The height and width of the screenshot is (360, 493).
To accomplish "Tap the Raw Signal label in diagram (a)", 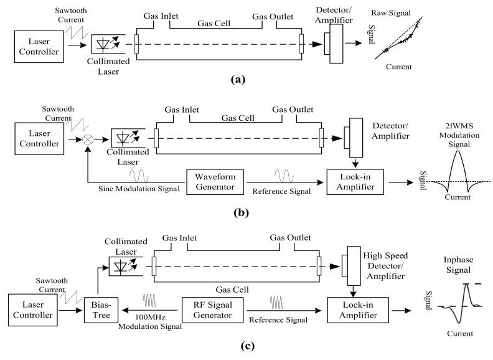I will (x=405, y=14).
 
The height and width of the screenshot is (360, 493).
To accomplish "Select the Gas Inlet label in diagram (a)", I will (x=152, y=16).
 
